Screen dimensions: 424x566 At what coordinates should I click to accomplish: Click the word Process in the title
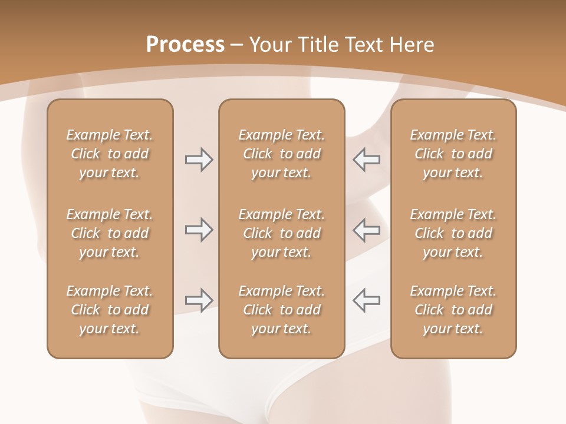click(185, 44)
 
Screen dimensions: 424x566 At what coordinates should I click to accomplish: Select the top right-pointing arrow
click(199, 160)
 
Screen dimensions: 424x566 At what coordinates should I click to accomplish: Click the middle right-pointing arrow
click(199, 230)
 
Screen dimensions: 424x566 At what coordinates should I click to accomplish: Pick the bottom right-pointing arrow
click(199, 300)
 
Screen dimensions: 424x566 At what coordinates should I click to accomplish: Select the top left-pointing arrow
click(367, 160)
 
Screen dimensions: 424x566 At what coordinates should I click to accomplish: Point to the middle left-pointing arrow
click(367, 230)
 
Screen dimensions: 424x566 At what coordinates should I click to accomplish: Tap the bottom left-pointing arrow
click(367, 300)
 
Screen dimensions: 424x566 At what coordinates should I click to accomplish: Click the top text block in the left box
click(110, 154)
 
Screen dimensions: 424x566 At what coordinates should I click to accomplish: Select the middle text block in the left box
click(110, 233)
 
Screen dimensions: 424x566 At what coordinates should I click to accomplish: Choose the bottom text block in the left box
click(110, 310)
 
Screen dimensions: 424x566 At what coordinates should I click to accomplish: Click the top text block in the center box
click(281, 154)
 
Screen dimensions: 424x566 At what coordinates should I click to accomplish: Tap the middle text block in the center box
click(281, 233)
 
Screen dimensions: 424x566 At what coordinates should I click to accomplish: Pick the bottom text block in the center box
click(281, 310)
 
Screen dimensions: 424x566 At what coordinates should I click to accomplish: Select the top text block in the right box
click(453, 154)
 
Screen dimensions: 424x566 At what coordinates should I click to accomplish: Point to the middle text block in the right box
click(453, 233)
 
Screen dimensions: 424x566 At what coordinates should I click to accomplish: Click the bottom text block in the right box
click(453, 310)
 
